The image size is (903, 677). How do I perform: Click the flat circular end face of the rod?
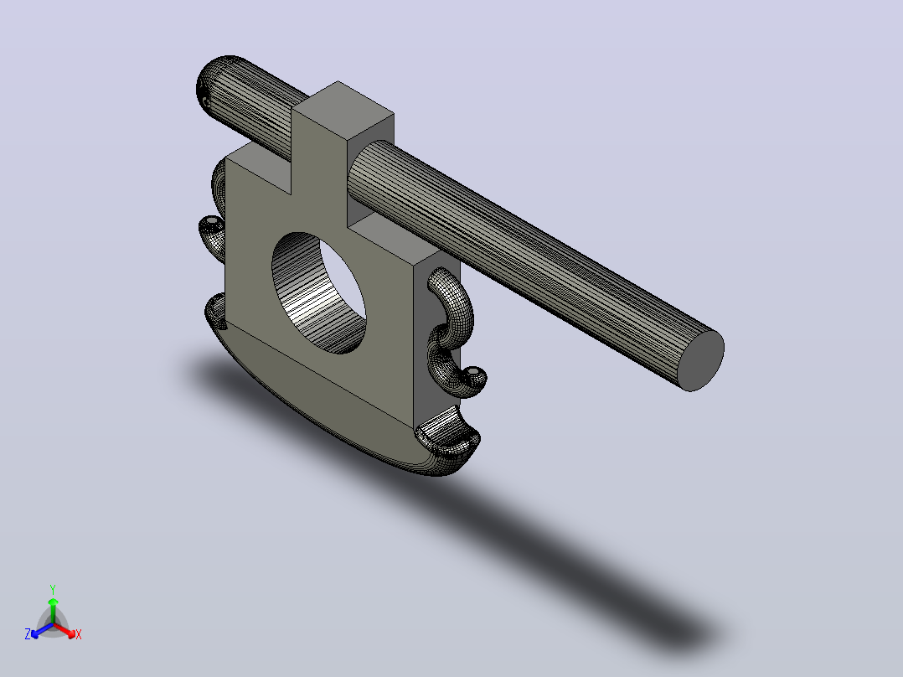coord(701,360)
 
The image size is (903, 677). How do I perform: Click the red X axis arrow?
coord(64,630)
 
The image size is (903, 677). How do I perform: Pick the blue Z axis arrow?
coord(42,630)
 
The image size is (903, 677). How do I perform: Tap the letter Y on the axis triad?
coord(53,589)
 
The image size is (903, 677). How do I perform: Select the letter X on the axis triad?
coord(79,634)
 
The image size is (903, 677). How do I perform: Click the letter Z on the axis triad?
coord(28,634)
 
